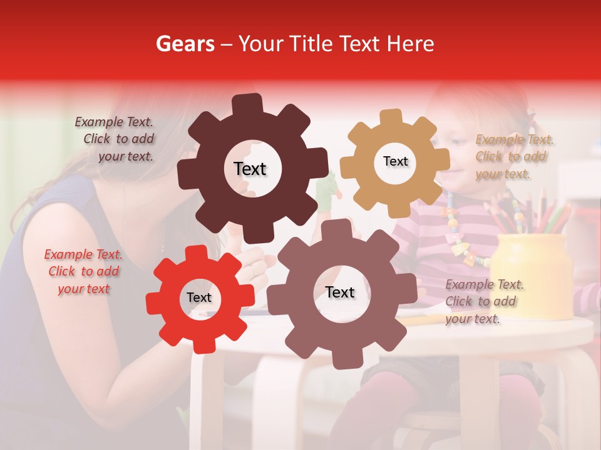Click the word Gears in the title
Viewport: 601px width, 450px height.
(185, 44)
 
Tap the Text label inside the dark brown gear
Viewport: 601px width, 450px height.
(250, 169)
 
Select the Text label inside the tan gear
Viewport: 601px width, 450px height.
(396, 161)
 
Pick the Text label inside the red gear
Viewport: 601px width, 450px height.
(199, 297)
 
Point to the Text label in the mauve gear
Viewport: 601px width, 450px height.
(340, 292)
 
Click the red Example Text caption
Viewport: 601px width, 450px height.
(83, 272)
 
